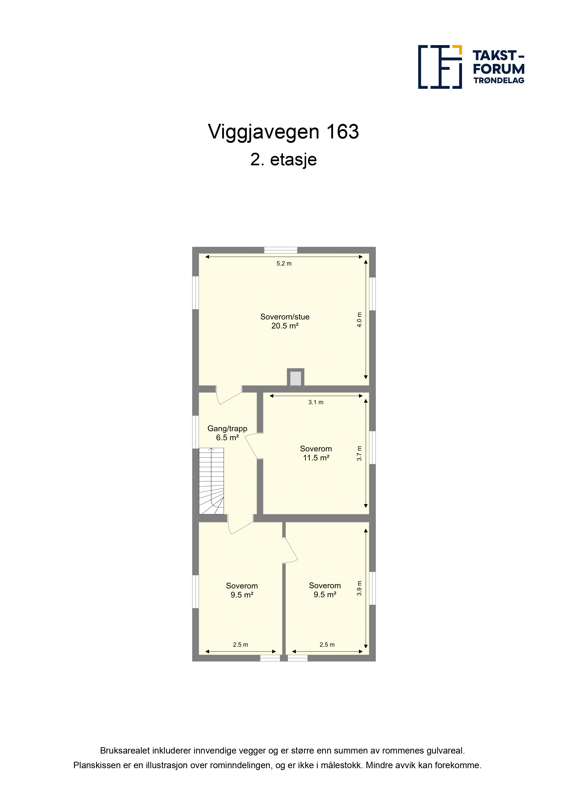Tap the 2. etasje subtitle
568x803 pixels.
coord(284,160)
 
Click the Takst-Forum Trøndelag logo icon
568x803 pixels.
coord(440,67)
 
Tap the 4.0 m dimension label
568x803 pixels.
coord(359,320)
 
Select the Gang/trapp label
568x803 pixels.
coord(227,429)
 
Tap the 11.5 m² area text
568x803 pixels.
coord(316,458)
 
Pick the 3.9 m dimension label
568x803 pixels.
coord(359,588)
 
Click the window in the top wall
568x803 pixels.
coord(281,250)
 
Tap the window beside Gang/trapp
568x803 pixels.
coord(196,432)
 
